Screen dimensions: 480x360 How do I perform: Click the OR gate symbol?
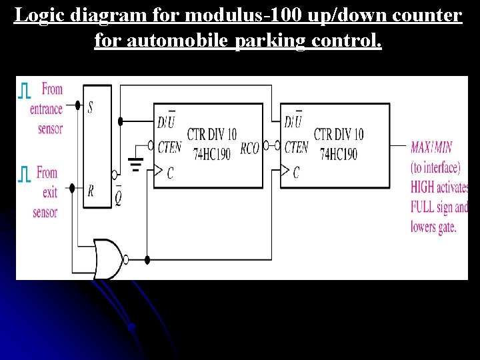(x=109, y=259)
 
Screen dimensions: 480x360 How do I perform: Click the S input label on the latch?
(x=90, y=107)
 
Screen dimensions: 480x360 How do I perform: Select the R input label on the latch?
(x=90, y=191)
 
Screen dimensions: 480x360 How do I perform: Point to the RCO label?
(x=249, y=148)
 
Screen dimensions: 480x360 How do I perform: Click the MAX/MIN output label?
(x=434, y=147)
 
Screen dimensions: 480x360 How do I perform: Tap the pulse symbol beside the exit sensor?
(x=24, y=175)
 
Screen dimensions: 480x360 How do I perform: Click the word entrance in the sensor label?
(x=47, y=109)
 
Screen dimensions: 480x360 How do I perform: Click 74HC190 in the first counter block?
(x=211, y=154)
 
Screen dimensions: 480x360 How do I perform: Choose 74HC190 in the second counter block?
(x=338, y=154)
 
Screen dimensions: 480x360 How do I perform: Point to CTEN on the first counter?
(x=167, y=147)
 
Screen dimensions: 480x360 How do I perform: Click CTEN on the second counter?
(x=296, y=147)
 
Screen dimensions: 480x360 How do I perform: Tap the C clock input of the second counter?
(x=296, y=173)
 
